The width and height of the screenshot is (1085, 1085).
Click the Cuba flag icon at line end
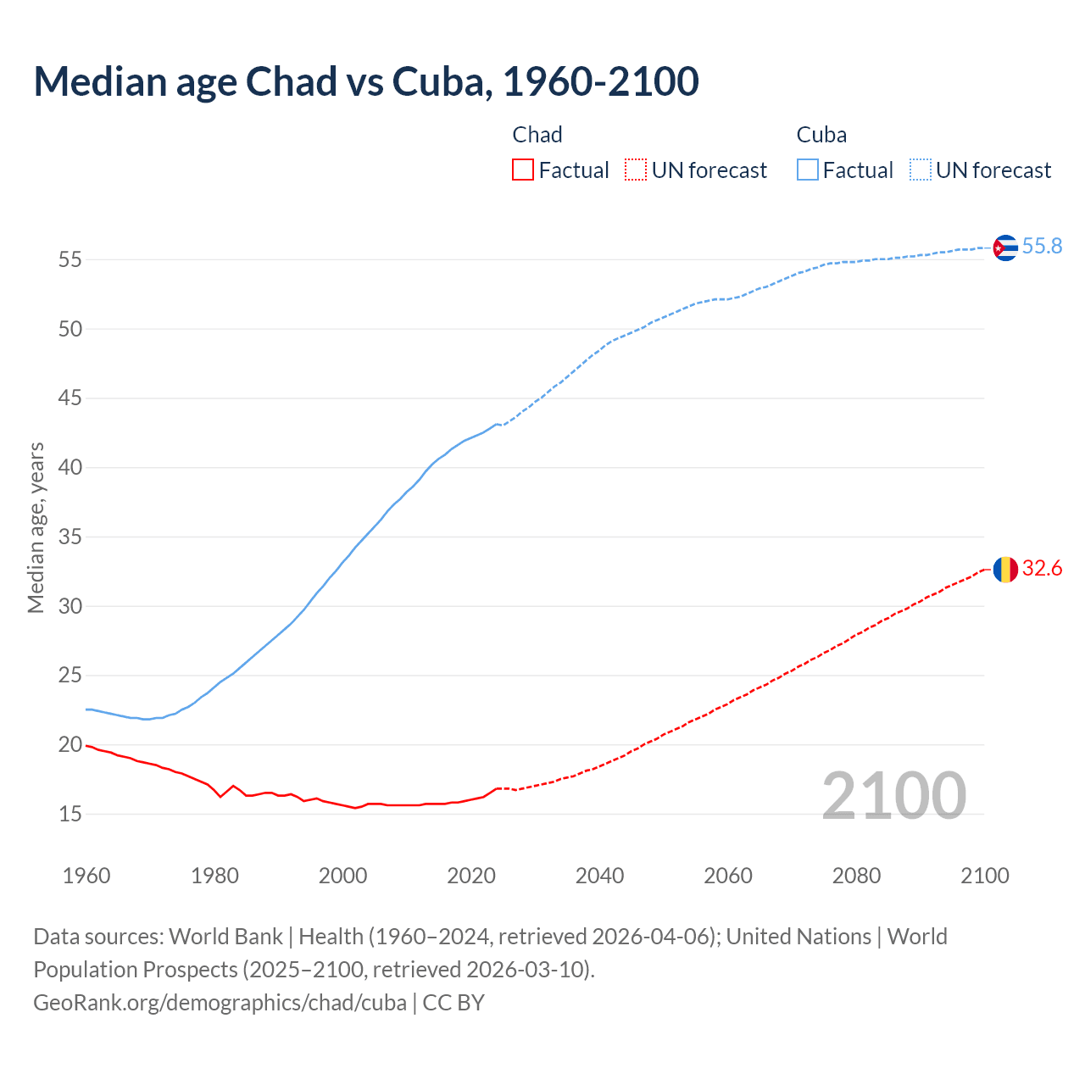coord(1005,248)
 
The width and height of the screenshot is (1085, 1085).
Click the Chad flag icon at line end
coord(1005,570)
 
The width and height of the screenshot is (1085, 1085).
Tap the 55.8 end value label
coord(1042,246)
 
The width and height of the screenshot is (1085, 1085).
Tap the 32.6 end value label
coord(1042,568)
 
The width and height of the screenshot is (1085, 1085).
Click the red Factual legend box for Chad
coord(523,170)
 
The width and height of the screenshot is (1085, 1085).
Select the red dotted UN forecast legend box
coord(636,170)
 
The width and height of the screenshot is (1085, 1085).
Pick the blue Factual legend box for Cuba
coord(808,170)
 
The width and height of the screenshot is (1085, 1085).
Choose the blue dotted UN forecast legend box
coord(920,170)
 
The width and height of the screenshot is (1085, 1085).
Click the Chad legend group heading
coord(537,135)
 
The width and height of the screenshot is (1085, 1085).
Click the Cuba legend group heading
coord(821,135)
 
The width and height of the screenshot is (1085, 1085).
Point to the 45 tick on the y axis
coord(70,398)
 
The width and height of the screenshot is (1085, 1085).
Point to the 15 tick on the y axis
coord(70,814)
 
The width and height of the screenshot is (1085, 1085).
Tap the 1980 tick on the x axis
coord(214,876)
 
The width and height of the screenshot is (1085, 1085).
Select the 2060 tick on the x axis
coord(728,876)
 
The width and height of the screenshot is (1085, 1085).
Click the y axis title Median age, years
coord(36,527)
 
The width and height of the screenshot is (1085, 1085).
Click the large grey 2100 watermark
coord(893,795)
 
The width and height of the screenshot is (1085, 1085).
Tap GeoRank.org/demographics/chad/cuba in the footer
coord(220,1002)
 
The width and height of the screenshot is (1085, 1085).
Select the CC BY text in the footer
coord(453,1002)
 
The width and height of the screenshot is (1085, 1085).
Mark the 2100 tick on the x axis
coord(984,876)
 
